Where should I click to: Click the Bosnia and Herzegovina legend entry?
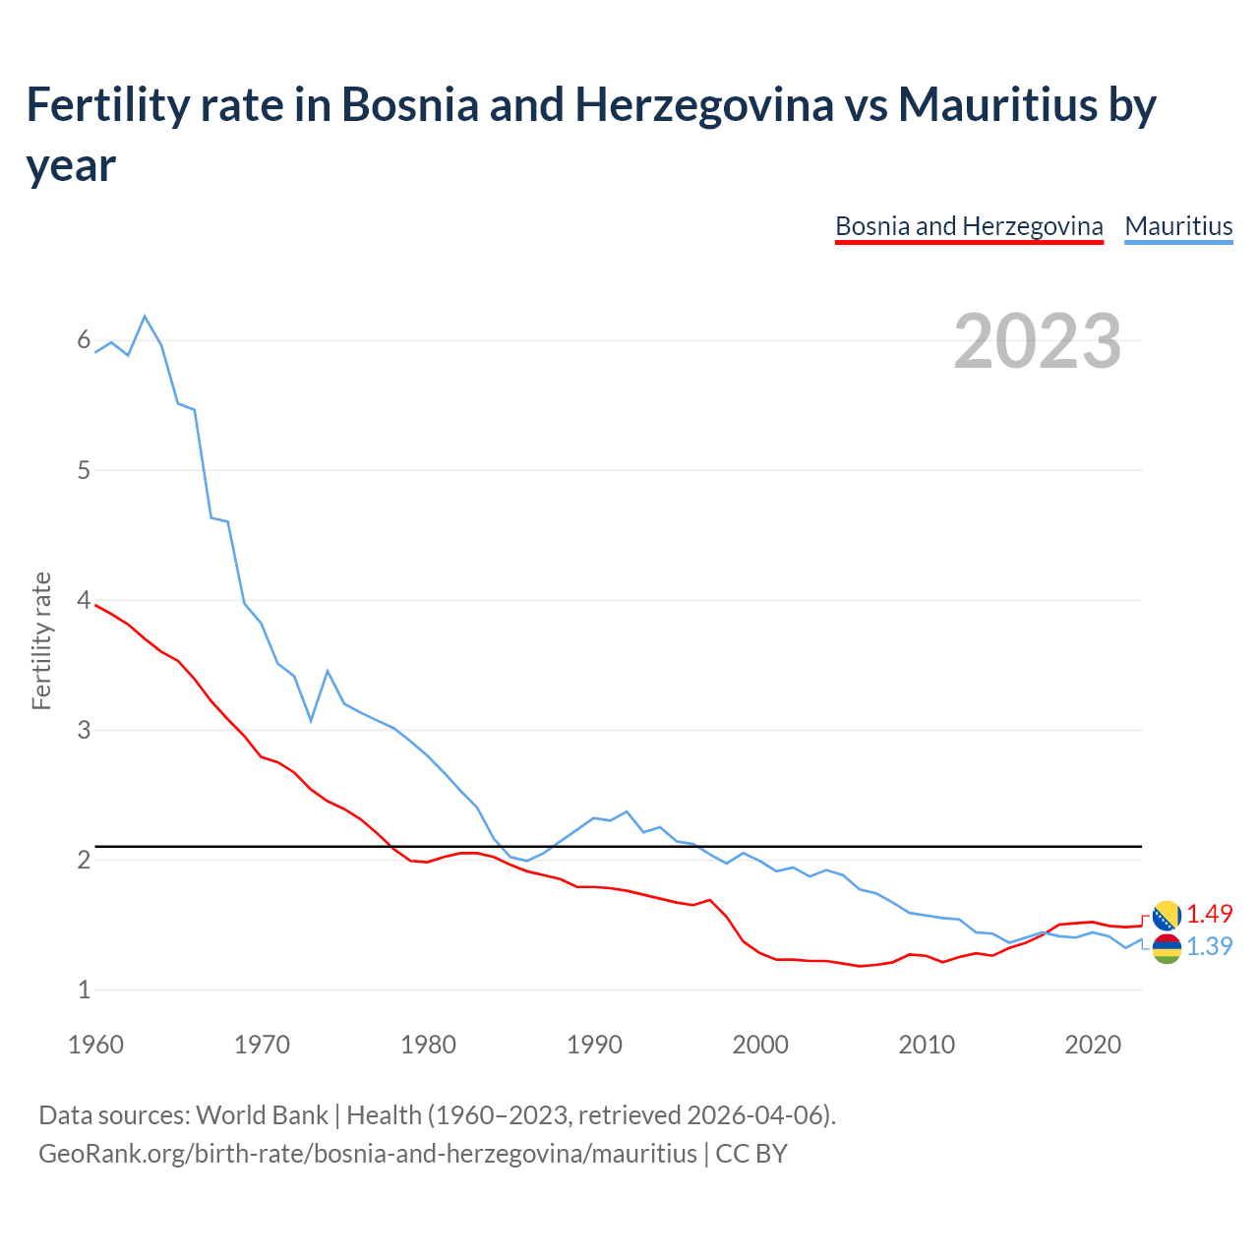[x=969, y=227]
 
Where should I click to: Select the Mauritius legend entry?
[x=1178, y=227]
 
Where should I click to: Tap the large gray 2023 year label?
[x=1038, y=341]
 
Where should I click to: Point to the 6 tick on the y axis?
[x=84, y=340]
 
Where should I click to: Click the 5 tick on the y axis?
[x=84, y=470]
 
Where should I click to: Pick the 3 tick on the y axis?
[x=84, y=730]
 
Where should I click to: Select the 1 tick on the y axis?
[x=84, y=989]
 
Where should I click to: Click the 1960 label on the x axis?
[x=95, y=1045]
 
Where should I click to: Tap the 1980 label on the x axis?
[x=428, y=1045]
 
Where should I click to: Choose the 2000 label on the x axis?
[x=760, y=1045]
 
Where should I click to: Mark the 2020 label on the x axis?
[x=1093, y=1045]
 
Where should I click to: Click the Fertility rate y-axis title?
[x=41, y=640]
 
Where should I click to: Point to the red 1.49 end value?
[x=1209, y=914]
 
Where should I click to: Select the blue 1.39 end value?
[x=1209, y=946]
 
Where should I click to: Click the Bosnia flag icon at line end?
[x=1167, y=916]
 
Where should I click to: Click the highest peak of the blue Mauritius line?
[x=145, y=317]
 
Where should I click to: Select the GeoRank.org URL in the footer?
[x=368, y=1153]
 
